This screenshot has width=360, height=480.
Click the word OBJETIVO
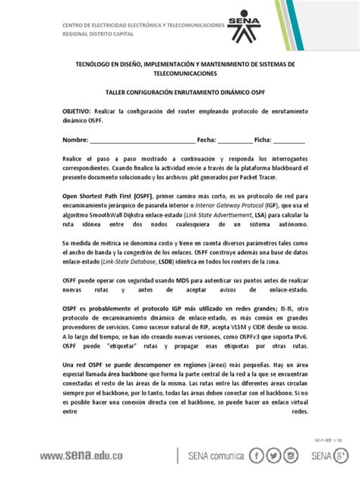tap(81, 111)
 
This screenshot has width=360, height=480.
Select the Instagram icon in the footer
tap(292, 456)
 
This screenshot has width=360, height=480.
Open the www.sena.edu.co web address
tap(111, 456)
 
